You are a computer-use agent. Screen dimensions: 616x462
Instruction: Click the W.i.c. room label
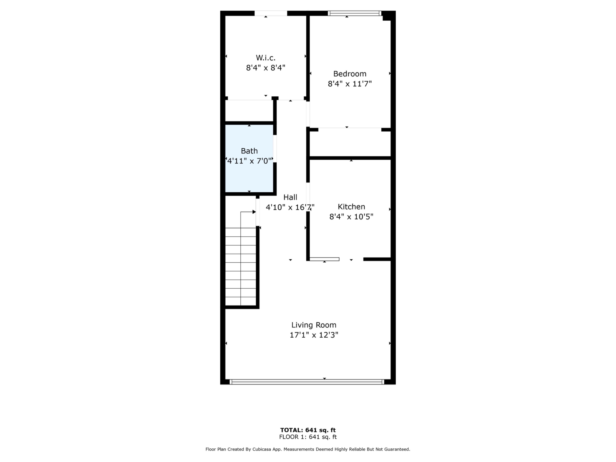pos(266,58)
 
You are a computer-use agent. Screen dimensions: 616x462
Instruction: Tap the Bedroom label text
pos(350,74)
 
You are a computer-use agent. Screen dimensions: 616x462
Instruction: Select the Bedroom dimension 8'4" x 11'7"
pos(350,84)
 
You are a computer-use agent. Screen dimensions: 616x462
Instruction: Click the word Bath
pos(249,151)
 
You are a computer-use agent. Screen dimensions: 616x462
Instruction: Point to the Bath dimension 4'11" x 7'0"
pos(249,161)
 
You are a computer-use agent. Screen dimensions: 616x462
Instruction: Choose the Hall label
pos(290,197)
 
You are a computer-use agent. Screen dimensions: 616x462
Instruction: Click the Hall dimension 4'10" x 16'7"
pos(290,207)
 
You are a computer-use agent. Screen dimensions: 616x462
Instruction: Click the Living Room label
pos(314,325)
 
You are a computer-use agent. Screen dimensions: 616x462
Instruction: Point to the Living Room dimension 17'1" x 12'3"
pos(314,335)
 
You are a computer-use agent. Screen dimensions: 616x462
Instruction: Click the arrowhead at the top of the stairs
pos(254,212)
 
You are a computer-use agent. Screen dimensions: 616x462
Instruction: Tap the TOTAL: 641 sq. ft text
pos(308,430)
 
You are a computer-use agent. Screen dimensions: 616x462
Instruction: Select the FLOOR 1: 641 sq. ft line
pos(308,437)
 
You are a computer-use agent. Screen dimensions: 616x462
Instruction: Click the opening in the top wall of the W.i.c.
pos(271,13)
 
